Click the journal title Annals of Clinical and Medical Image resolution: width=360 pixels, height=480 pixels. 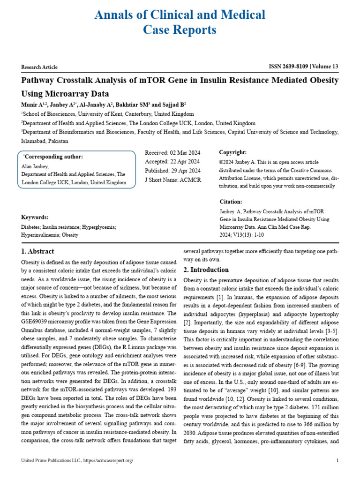pos(180,15)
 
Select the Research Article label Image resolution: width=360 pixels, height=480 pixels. pos(39,67)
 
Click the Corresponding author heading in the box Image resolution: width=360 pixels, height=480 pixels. pos(53,157)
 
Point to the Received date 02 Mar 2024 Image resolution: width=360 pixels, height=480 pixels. pos(172,153)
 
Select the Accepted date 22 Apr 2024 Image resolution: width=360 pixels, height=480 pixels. pos(172,162)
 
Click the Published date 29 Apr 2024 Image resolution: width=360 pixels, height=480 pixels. pos(172,170)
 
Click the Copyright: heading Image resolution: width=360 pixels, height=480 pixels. pos(232,153)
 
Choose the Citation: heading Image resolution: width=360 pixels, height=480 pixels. pos(231,202)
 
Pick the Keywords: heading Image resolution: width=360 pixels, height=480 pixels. pos(35,217)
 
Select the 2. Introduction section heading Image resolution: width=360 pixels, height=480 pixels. pos(206,270)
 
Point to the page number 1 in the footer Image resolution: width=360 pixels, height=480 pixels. pos(337,461)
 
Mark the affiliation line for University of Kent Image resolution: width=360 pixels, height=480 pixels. pos(108,114)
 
